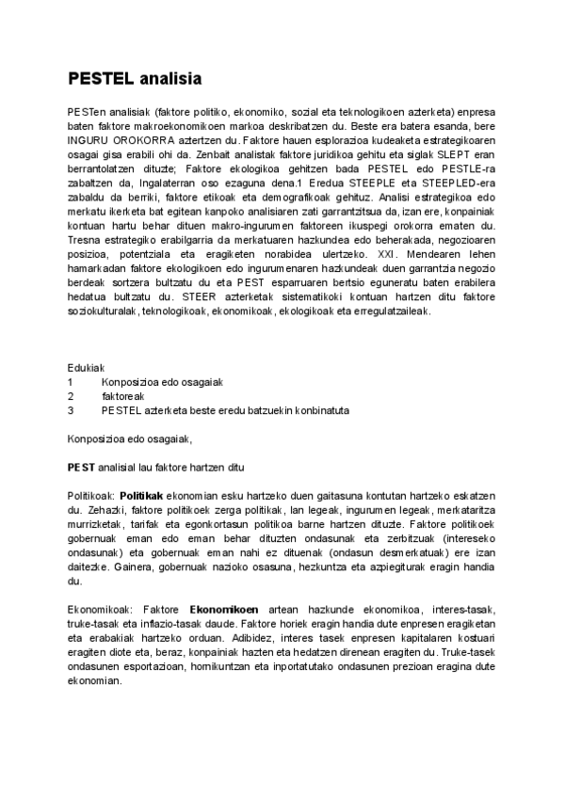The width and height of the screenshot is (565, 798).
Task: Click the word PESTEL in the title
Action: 100,78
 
